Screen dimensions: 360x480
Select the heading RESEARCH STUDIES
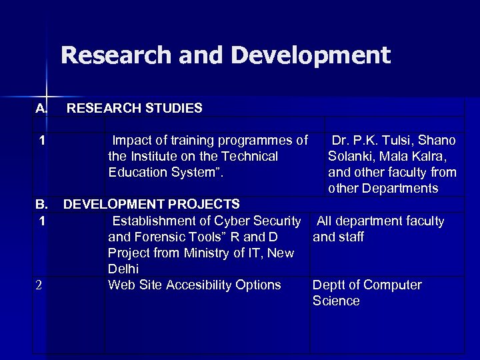(135, 107)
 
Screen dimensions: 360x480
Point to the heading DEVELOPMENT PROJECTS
(151, 203)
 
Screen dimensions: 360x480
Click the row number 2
(39, 285)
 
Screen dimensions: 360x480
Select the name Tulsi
(399, 141)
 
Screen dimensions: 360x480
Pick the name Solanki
(352, 157)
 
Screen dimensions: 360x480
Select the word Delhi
(123, 269)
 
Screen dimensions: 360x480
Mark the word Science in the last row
(336, 301)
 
